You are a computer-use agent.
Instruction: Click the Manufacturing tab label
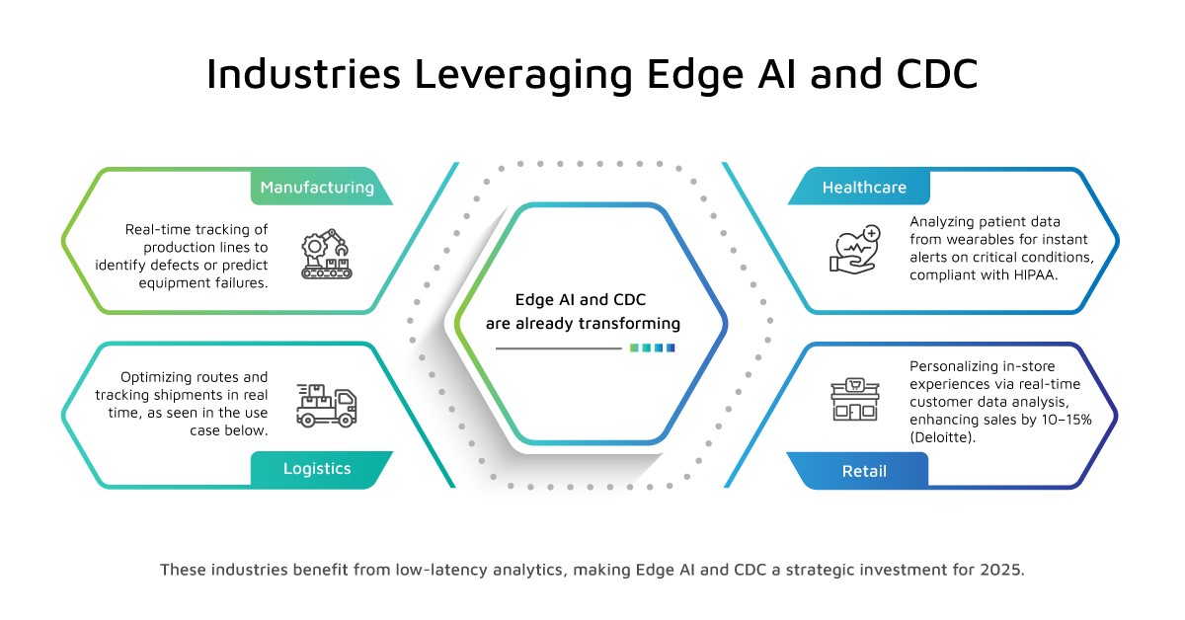(x=317, y=188)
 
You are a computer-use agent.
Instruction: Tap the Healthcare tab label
(x=864, y=188)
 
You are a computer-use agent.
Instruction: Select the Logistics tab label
(x=317, y=469)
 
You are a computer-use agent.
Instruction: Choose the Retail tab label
(x=864, y=471)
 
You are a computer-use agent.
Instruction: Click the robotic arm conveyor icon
(x=327, y=254)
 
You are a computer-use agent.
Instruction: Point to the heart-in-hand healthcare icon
(x=855, y=250)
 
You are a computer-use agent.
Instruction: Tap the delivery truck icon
(x=327, y=405)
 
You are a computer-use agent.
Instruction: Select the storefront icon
(x=855, y=400)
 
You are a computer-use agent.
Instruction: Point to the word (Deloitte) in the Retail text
(x=942, y=437)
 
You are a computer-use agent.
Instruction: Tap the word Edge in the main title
(x=695, y=75)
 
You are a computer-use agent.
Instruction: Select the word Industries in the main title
(x=304, y=73)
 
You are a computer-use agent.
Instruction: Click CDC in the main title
(x=937, y=73)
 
